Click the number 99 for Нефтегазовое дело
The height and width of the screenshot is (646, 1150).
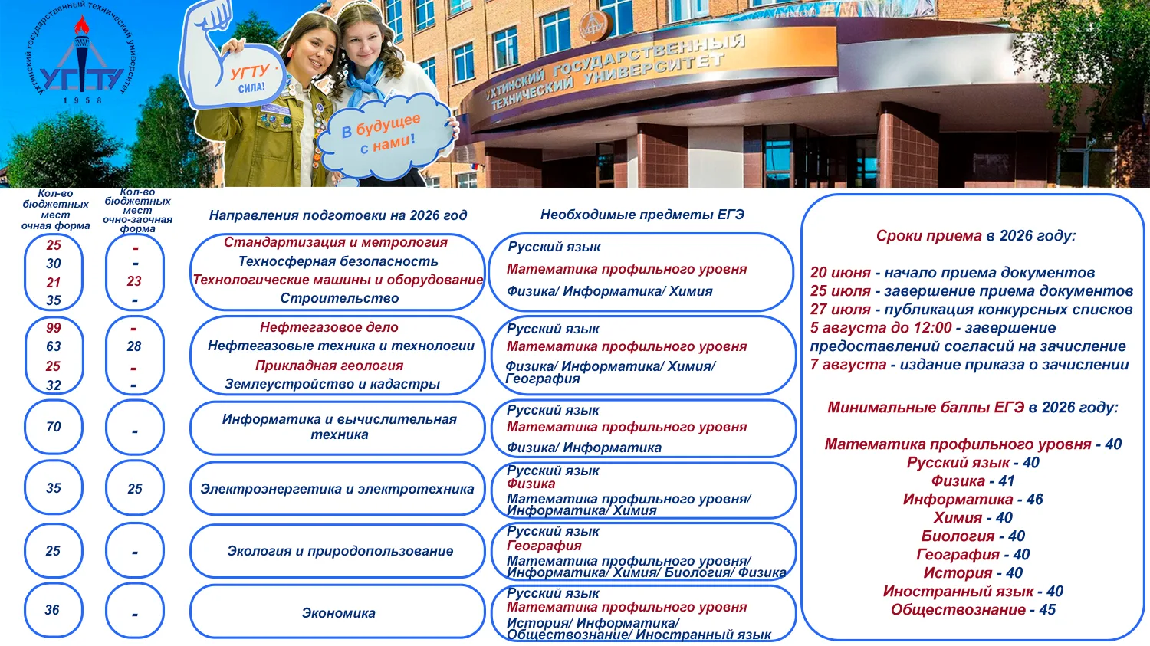click(x=54, y=328)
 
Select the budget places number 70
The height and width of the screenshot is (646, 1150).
click(x=54, y=427)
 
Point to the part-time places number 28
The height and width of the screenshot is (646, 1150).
click(x=134, y=346)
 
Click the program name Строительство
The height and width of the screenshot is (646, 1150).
click(x=339, y=298)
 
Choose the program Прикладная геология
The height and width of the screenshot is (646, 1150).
click(x=329, y=366)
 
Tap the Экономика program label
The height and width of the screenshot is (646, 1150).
click(x=338, y=613)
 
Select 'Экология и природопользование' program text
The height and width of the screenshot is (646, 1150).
click(x=340, y=551)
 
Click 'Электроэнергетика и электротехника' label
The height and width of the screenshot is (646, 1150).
click(x=337, y=489)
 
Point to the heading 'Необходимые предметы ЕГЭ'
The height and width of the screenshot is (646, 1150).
click(x=642, y=215)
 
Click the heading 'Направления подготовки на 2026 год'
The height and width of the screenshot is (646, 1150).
click(x=337, y=215)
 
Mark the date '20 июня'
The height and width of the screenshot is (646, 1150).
click(x=840, y=273)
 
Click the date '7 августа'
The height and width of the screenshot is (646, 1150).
click(x=848, y=365)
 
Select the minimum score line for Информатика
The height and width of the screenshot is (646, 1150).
click(x=972, y=500)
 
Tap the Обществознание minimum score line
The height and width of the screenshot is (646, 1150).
click(x=972, y=610)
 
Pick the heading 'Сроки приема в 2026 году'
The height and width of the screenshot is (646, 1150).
click(x=975, y=236)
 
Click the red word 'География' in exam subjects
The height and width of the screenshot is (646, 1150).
click(x=544, y=546)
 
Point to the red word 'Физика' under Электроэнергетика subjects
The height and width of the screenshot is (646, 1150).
click(x=531, y=484)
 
